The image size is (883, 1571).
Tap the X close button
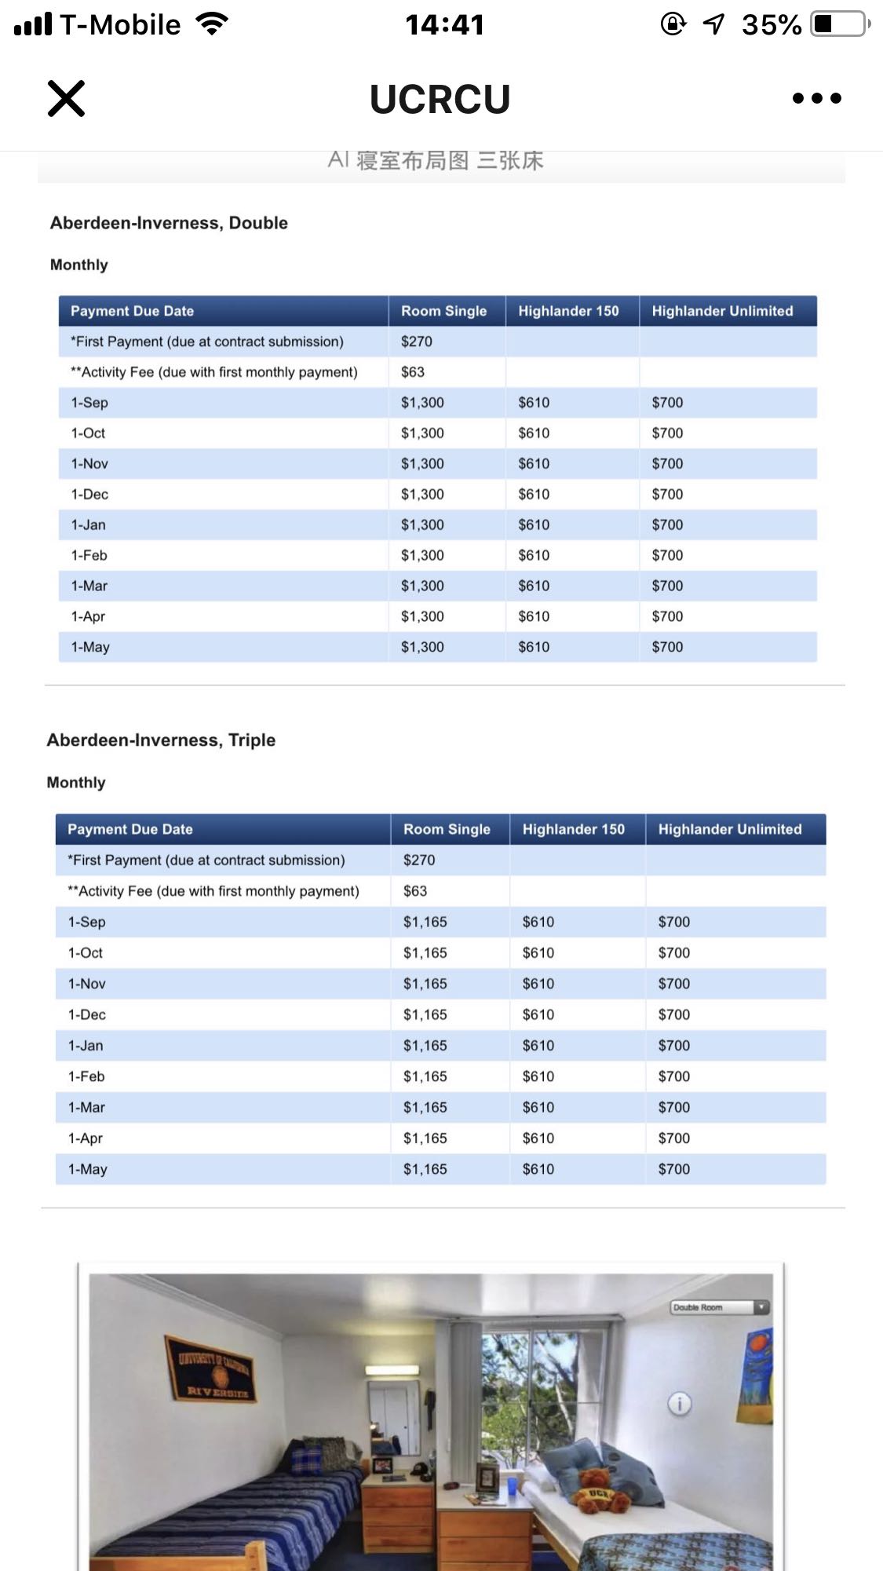(66, 98)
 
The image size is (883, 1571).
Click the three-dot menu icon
(816, 98)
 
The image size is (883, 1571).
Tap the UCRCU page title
(440, 100)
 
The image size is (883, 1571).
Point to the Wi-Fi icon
(211, 24)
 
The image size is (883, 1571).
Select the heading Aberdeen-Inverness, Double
(169, 223)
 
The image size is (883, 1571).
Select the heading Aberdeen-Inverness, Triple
(161, 740)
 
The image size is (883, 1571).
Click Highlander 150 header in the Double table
(568, 311)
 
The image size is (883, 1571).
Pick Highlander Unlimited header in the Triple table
(729, 829)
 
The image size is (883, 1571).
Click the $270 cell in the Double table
(417, 342)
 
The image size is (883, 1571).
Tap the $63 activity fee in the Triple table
(415, 891)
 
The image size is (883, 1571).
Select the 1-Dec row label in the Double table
(89, 495)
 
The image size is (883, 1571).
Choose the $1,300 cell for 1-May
(422, 647)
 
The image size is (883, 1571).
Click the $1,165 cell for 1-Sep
(425, 922)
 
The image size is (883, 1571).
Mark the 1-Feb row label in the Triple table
(86, 1076)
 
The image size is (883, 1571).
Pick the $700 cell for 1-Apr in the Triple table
(673, 1138)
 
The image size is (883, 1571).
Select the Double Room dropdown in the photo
(719, 1307)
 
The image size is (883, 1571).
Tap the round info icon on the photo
(679, 1403)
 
